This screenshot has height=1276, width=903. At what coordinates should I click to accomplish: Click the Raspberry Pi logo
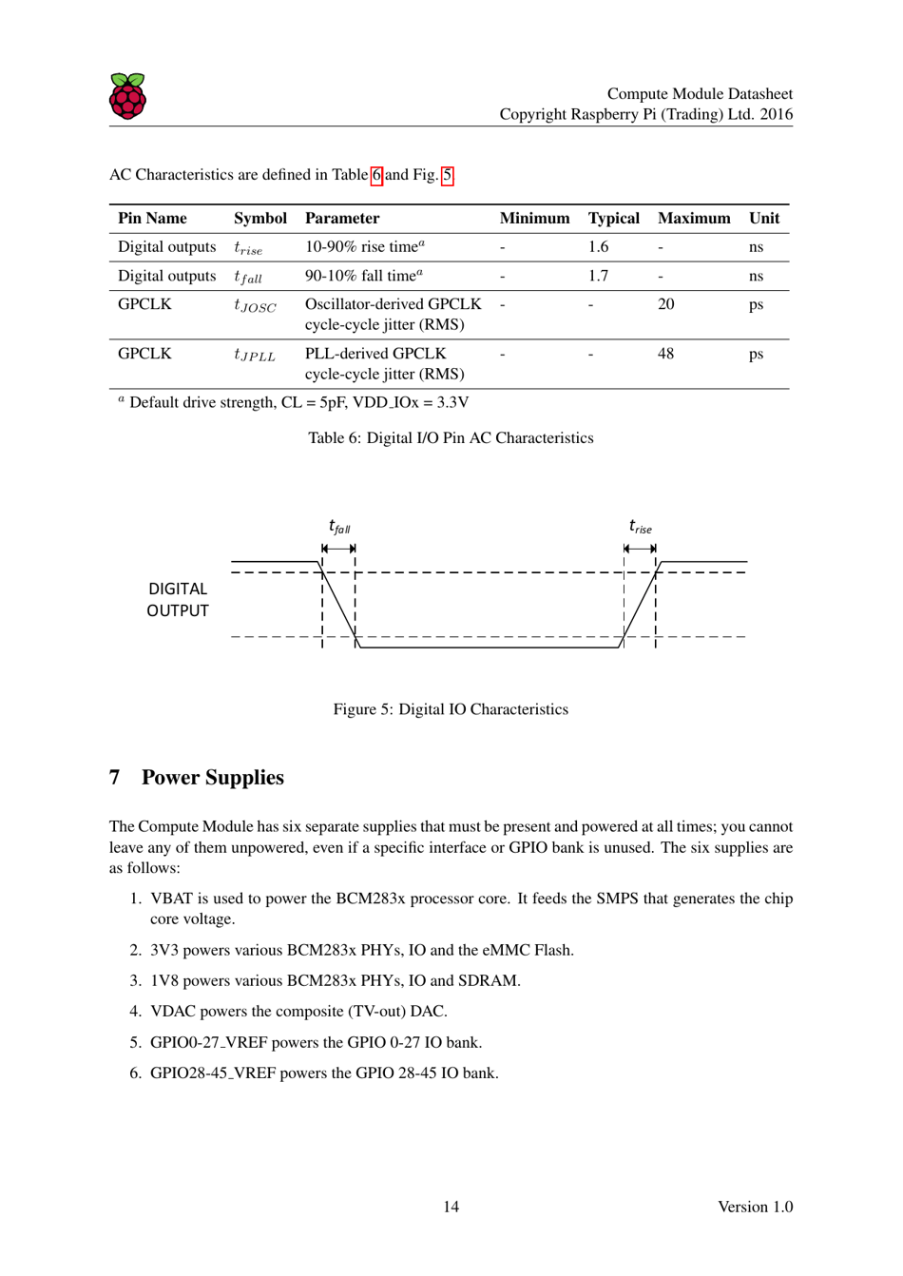(x=127, y=96)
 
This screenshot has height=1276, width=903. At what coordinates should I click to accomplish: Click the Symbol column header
(x=259, y=219)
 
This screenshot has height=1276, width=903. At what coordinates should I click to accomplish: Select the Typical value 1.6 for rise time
(x=598, y=247)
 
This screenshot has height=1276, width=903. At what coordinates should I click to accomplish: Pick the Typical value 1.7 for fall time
(x=598, y=277)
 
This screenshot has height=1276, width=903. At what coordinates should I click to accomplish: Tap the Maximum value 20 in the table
(x=665, y=304)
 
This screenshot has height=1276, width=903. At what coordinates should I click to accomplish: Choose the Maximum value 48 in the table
(x=665, y=354)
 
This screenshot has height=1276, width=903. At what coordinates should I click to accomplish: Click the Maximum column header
(x=694, y=219)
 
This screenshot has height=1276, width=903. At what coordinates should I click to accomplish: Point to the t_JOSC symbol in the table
(x=255, y=306)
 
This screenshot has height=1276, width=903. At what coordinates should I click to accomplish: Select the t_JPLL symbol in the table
(x=255, y=356)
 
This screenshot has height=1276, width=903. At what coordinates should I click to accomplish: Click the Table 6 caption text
(x=451, y=438)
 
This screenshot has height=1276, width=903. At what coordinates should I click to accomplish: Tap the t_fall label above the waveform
(x=339, y=527)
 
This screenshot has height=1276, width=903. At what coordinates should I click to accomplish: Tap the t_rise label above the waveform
(x=641, y=527)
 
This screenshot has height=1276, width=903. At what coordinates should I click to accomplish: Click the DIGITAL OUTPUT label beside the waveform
(x=178, y=600)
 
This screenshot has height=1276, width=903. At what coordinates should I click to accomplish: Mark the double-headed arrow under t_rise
(x=640, y=549)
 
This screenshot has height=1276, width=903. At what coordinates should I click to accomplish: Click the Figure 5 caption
(x=451, y=709)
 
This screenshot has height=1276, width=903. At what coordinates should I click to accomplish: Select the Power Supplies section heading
(x=212, y=778)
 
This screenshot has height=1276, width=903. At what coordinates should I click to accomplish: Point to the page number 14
(x=451, y=1207)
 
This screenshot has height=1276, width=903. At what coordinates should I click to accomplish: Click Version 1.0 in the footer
(x=755, y=1207)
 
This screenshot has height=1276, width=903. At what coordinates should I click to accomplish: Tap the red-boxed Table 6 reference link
(x=376, y=175)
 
